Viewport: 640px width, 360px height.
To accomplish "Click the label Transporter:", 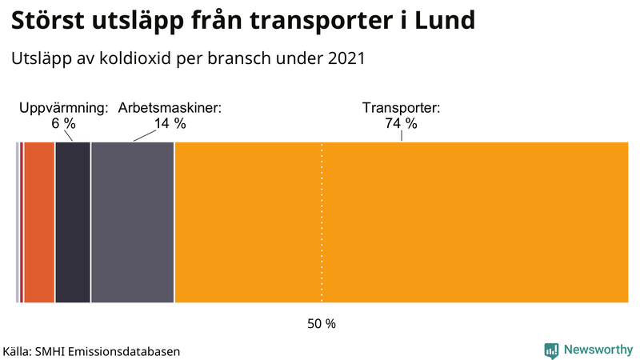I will tap(402, 108).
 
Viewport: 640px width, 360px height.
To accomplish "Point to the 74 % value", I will tap(402, 123).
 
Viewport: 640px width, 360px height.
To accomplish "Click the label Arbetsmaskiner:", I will tap(170, 108).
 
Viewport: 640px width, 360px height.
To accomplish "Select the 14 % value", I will tap(170, 123).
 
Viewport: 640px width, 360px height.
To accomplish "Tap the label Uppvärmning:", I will tap(63, 108).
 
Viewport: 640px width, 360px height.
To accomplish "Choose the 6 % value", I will tap(63, 123).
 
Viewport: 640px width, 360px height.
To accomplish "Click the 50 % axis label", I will tap(322, 324).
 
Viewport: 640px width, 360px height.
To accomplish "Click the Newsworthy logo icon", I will tap(551, 350).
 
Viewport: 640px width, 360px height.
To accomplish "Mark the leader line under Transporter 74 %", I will tap(402, 137).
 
